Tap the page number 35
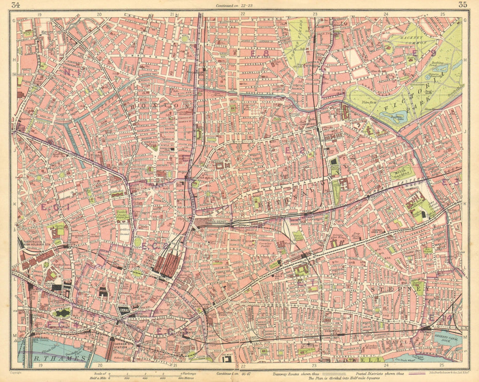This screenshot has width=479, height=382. [x=462, y=5]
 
